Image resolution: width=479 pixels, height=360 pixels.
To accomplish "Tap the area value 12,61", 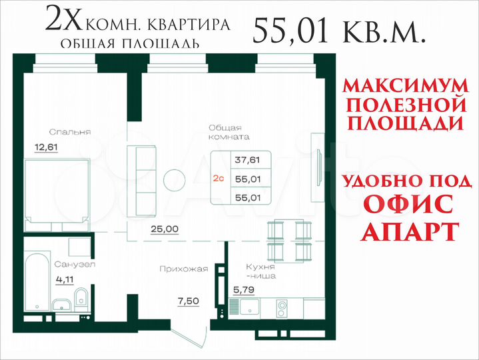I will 46,147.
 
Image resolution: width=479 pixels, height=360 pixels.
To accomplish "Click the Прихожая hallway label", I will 184,269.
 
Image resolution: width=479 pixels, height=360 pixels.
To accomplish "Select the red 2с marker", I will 219,178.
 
